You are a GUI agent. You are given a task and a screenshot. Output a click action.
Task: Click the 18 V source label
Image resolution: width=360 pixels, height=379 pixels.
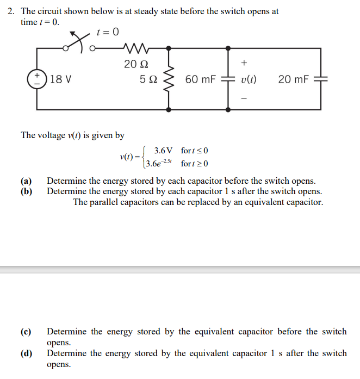coord(60,80)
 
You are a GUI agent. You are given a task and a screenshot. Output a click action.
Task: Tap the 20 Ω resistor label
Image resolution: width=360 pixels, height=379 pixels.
coord(134,64)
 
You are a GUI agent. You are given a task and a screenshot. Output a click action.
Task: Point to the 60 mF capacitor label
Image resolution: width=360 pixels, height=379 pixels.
coord(200,80)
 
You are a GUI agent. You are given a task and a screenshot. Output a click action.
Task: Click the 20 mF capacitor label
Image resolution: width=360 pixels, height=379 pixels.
coord(293,80)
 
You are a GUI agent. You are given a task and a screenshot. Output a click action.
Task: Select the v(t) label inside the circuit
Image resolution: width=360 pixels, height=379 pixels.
coord(249,80)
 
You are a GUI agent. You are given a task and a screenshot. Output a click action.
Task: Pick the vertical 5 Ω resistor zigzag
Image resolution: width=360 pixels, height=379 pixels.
coord(171,79)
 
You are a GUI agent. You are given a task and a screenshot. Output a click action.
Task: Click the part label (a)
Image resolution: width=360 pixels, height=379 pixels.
coord(26,181)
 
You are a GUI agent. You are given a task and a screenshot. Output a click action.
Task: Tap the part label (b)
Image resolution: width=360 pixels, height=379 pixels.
coord(26,191)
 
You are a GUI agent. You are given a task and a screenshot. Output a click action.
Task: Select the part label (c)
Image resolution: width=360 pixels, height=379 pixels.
coord(26,332)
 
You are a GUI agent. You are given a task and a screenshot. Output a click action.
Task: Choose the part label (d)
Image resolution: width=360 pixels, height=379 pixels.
coord(26,353)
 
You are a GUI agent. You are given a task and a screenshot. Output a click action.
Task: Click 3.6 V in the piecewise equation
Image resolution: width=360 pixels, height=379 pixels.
coord(163,150)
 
